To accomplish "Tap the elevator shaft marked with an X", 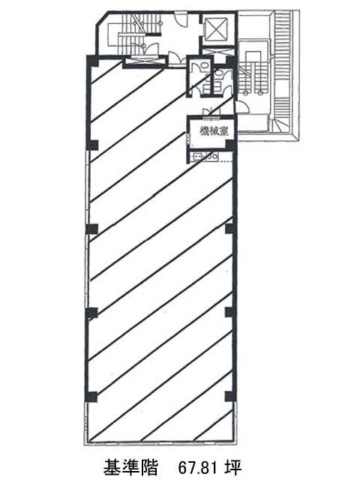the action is click(217, 28).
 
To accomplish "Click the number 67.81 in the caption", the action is click(199, 466).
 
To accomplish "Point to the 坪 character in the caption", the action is click(233, 466).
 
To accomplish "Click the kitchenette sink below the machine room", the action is click(196, 157).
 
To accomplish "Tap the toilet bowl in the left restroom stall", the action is click(202, 66).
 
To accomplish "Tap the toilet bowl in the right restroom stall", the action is click(220, 73).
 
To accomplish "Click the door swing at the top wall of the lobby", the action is click(181, 19).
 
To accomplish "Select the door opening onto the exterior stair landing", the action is click(242, 108).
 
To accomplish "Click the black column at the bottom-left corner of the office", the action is click(92, 397).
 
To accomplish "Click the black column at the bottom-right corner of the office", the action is click(230, 397).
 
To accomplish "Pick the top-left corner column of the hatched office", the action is click(93, 60).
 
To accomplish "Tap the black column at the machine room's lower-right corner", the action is click(230, 145).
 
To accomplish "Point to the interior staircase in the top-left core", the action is click(135, 34).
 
